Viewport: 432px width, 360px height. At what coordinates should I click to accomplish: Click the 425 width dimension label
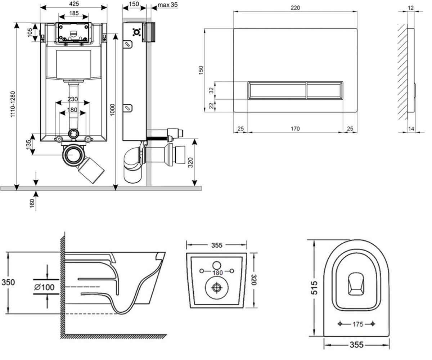point(74,4)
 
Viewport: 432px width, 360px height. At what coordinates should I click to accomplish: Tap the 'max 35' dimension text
point(168,5)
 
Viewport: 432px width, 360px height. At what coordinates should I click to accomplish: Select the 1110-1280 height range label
point(13,104)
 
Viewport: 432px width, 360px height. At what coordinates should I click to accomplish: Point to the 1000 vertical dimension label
point(112,110)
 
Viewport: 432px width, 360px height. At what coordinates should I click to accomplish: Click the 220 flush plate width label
point(295,8)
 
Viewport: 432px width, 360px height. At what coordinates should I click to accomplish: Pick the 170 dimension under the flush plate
point(295,129)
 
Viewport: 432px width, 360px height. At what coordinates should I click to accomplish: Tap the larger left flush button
point(277,90)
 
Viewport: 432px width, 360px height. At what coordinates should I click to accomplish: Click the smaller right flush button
point(324,90)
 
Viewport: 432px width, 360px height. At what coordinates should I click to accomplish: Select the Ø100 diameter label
point(44,287)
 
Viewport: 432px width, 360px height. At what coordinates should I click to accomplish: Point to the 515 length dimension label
point(314,287)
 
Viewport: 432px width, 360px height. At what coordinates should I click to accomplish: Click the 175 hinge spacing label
point(358,324)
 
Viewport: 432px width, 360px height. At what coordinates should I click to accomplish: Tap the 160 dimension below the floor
point(32,203)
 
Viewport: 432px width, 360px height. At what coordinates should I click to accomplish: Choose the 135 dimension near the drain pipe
point(29,144)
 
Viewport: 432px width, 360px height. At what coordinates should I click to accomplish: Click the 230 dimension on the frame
point(72,99)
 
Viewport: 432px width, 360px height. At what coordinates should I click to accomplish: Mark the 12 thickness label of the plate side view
point(410,8)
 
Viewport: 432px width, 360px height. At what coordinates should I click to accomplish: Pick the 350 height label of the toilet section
point(8,282)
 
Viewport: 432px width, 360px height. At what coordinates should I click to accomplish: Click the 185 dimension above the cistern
point(74,13)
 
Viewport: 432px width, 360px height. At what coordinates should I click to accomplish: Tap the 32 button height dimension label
point(211,90)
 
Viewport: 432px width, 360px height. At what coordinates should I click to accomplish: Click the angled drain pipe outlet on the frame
point(91,171)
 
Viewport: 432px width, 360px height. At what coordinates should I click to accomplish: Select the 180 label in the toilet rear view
point(218,273)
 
